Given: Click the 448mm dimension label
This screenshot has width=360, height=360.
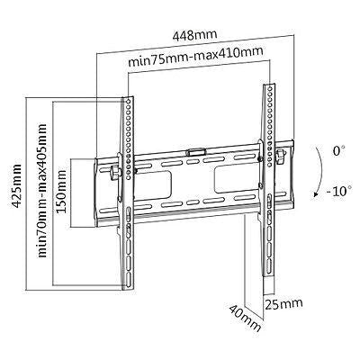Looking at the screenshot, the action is (x=194, y=35).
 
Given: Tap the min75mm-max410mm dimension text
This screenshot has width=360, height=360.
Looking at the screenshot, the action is (x=195, y=56).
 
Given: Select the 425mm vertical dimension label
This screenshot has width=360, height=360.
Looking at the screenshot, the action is (x=15, y=185).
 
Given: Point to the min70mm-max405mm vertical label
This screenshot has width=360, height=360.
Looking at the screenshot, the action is (x=42, y=190).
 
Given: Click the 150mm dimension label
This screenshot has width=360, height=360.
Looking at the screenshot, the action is (x=61, y=191).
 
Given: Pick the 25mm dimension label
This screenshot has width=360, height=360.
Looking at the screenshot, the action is (x=283, y=304).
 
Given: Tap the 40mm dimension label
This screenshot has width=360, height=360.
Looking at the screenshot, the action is (x=245, y=318).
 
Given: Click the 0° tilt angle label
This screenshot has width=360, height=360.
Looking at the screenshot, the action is (x=338, y=150).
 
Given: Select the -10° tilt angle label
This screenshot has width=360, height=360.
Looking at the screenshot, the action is (x=338, y=191).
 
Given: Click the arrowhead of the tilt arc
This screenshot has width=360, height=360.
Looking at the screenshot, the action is (x=316, y=194).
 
